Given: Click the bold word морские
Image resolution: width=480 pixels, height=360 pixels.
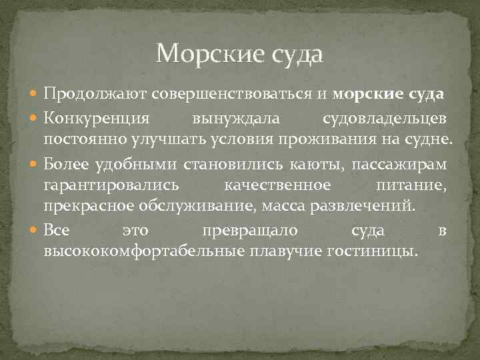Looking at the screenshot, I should pyautogui.click(x=367, y=95).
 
